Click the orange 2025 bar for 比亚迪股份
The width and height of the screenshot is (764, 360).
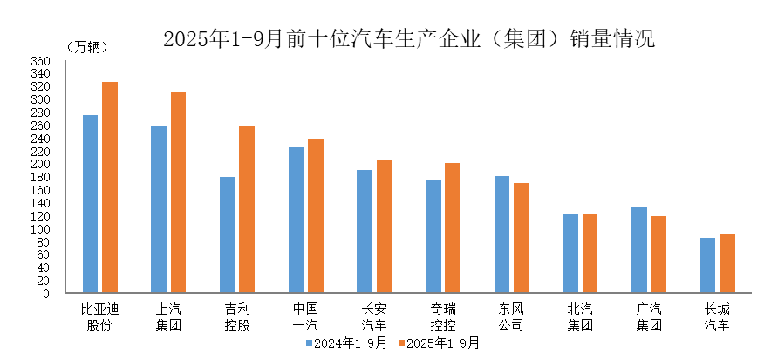[110, 187]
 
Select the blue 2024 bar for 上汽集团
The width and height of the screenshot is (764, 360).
[159, 210]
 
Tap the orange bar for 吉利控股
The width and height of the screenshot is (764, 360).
[247, 210]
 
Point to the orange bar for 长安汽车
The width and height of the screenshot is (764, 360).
[384, 227]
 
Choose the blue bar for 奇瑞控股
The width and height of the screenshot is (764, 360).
[433, 236]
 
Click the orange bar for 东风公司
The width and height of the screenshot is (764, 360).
[522, 238]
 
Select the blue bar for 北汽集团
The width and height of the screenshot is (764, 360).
[570, 253]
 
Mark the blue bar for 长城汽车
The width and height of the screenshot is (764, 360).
[707, 265]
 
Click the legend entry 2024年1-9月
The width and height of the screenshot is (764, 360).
[344, 343]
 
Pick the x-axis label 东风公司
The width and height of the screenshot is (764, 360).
[512, 317]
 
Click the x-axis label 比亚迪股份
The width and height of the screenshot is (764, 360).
[99, 317]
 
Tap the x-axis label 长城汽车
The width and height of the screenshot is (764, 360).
[717, 317]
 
